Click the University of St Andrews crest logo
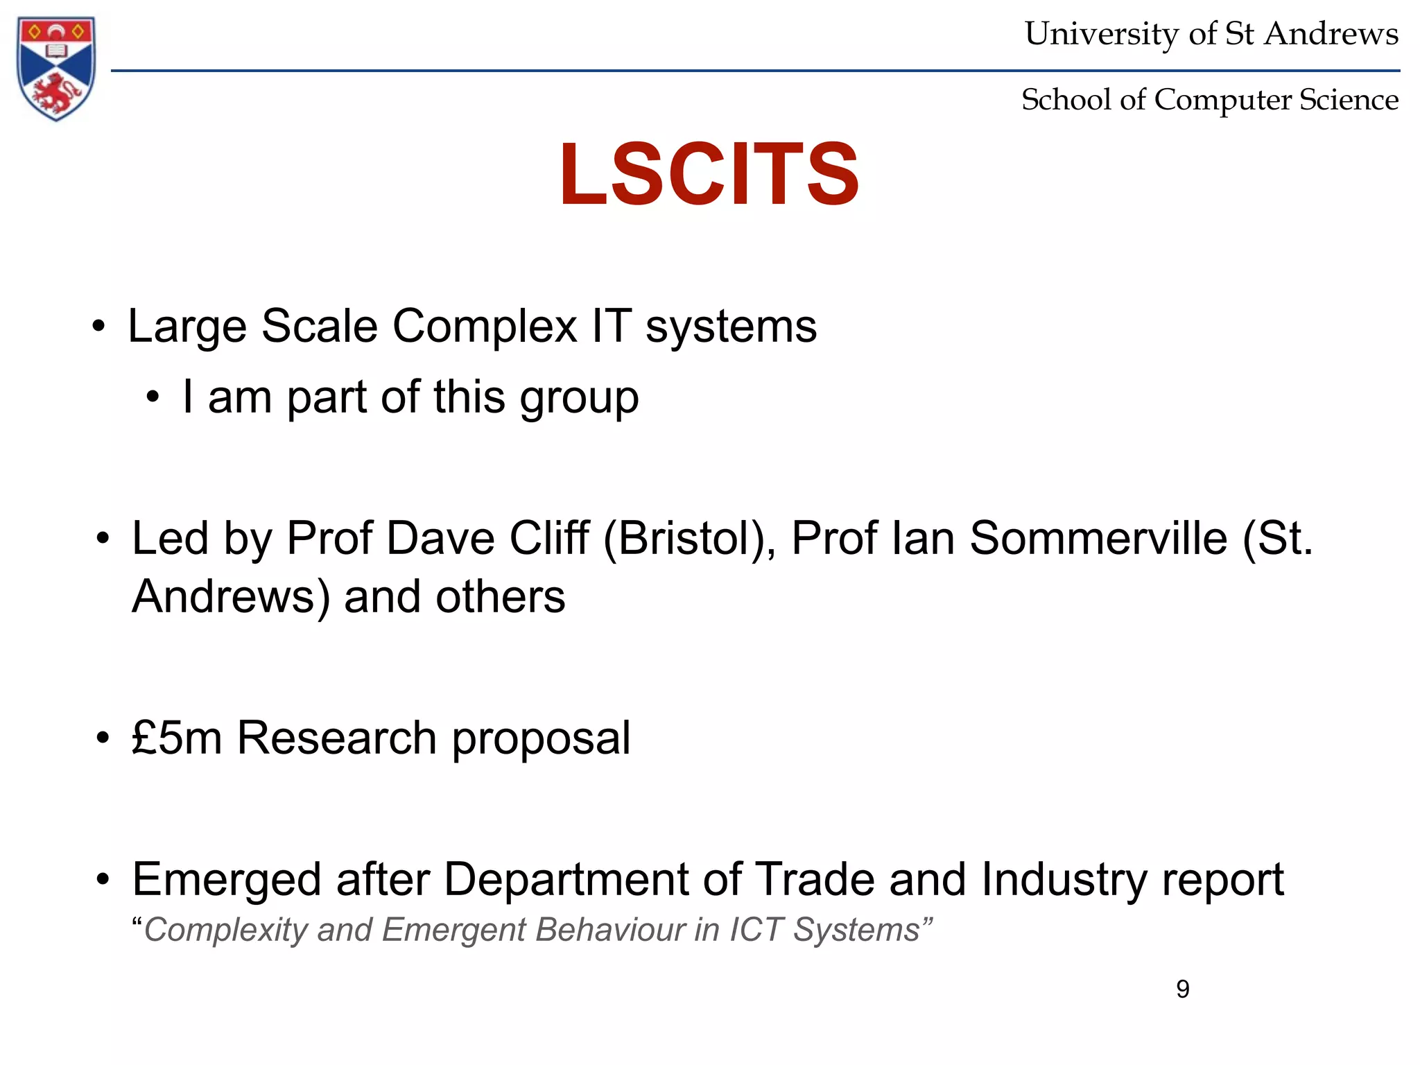point(56,68)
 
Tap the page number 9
point(1183,989)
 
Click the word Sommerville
point(1098,539)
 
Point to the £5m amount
point(177,737)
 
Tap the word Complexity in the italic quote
point(225,930)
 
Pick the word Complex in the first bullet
point(485,327)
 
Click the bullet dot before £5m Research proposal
point(103,738)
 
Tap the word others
point(500,597)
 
